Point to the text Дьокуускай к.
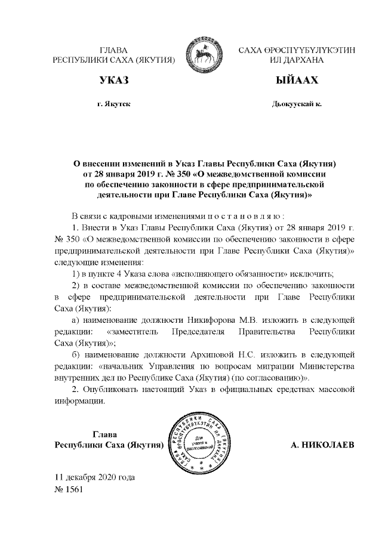tap(297, 104)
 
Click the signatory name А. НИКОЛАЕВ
tap(322, 445)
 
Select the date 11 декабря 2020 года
tap(94, 478)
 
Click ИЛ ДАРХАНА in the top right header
tap(297, 61)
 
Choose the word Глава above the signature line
tap(107, 434)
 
